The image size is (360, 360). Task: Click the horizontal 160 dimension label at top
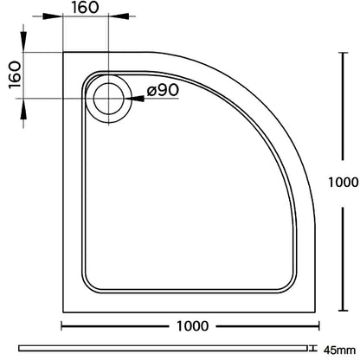[x=86, y=8]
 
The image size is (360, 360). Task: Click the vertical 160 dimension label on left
[x=15, y=75]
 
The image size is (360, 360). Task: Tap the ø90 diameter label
[x=163, y=90]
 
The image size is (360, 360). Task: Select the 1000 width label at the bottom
[x=192, y=326]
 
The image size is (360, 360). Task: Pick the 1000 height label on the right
[x=344, y=183]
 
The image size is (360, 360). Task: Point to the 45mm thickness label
[x=339, y=350]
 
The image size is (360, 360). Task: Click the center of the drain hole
[x=108, y=99]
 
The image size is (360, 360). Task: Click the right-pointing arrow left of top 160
[x=52, y=16]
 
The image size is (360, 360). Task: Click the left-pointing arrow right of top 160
[x=119, y=16]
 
